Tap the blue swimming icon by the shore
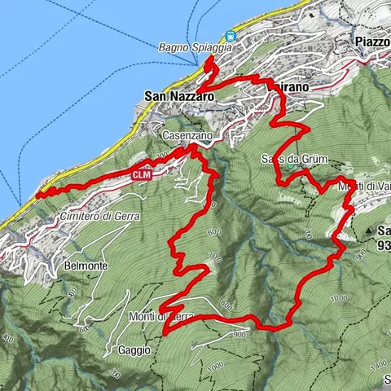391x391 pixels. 231,36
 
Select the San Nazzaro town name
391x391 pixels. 178,96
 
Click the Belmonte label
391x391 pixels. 86,266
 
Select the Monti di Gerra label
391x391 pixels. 159,316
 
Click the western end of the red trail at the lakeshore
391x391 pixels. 38,191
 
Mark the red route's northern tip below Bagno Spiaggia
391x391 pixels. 209,60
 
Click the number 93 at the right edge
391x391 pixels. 383,242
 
